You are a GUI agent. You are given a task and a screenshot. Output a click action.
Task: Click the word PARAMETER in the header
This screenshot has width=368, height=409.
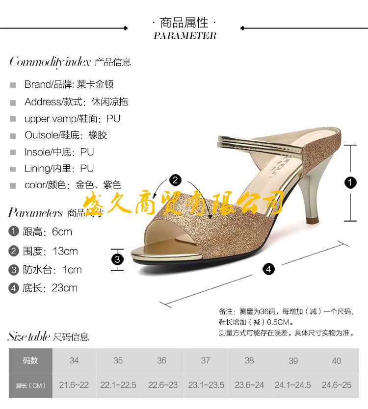point(184,35)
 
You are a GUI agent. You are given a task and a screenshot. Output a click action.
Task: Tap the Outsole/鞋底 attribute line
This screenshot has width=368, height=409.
point(65,135)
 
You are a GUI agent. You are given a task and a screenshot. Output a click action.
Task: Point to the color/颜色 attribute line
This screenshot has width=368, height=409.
point(73,185)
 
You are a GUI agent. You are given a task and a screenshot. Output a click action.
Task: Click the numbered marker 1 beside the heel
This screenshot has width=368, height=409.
point(350,183)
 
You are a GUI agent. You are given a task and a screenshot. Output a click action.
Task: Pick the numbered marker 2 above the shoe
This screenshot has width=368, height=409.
point(175,180)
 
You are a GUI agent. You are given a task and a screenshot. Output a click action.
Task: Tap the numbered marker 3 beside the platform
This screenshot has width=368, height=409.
point(117,259)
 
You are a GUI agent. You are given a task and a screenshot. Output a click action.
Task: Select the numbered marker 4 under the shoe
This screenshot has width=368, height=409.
point(268,269)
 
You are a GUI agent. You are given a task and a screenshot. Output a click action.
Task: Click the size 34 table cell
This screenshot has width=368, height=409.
point(74,360)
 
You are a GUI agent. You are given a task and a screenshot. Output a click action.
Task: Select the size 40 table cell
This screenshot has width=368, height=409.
point(336,360)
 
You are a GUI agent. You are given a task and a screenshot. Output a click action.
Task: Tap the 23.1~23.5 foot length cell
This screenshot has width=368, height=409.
point(206,385)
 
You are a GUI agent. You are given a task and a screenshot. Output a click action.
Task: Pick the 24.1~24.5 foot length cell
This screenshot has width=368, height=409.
point(292,385)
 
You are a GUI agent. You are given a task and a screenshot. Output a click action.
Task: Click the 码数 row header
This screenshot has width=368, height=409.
point(30,360)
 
